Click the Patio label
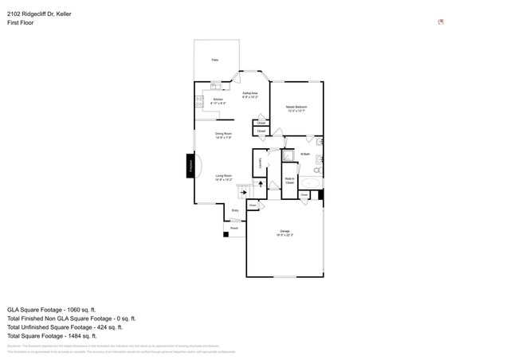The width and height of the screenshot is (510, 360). pyautogui.click(x=215, y=61)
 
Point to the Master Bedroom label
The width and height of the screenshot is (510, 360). pyautogui.click(x=297, y=108)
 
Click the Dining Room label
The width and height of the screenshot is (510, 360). pyautogui.click(x=223, y=135)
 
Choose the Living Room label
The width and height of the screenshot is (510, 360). pyautogui.click(x=223, y=178)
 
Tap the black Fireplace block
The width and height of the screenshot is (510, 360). pyautogui.click(x=190, y=166)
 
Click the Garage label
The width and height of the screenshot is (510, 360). pyautogui.click(x=284, y=233)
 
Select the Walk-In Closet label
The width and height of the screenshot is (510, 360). pyautogui.click(x=290, y=182)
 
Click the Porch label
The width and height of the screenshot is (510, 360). pyautogui.click(x=234, y=229)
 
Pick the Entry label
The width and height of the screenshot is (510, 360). pyautogui.click(x=235, y=211)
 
